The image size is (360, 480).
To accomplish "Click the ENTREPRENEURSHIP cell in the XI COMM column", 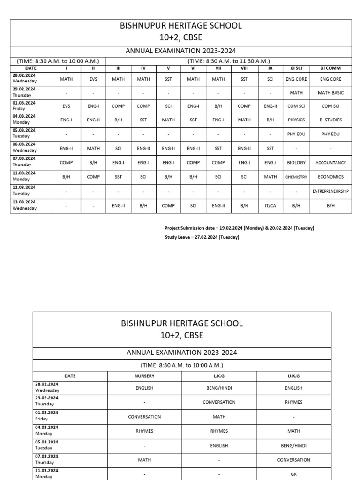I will coord(330,191).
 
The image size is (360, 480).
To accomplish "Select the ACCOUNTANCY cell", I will coord(330,163).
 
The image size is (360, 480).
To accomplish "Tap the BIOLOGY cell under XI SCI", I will coord(296,163).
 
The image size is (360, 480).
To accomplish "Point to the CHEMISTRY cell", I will coord(296,177).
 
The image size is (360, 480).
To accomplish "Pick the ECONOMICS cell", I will coord(330,177).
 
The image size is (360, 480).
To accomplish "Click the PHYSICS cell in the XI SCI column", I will coord(296,120).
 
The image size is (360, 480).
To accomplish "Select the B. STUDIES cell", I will coord(330,120).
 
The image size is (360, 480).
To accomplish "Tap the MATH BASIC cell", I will coord(330,93).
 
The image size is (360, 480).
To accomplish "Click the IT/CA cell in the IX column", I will coord(270,206).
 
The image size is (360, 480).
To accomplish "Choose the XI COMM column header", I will coord(330,68).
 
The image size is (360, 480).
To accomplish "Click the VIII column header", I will coord(244,68).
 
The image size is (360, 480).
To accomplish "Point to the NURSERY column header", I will coord(144,376).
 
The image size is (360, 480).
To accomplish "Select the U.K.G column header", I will coord(294,376).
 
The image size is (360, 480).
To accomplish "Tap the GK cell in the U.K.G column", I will coord(294,474).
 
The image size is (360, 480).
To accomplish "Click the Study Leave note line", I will coord(202,237).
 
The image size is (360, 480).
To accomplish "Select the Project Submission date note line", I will coord(239,228).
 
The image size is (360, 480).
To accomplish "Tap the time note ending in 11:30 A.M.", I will coord(229,61).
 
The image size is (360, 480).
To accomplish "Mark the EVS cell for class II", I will coord(93,79).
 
